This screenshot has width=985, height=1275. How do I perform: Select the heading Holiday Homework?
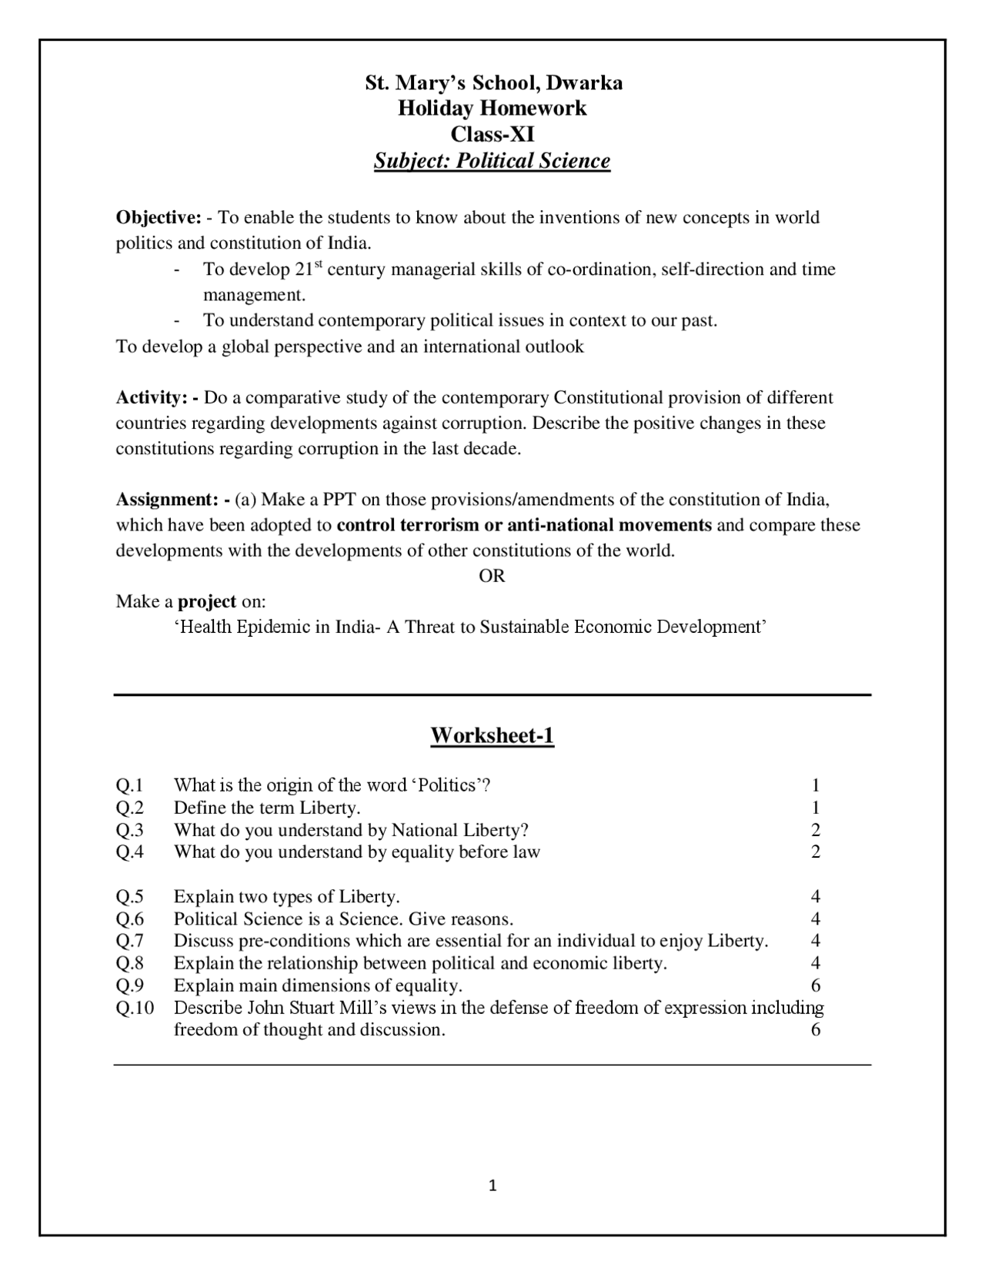[x=492, y=108]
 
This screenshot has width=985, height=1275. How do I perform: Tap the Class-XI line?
[x=492, y=134]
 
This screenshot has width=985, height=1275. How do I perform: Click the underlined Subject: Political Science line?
[x=492, y=161]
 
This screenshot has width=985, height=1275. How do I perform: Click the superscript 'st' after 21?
[x=319, y=265]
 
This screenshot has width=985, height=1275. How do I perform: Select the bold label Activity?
[x=157, y=398]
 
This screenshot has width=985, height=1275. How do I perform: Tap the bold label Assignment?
[x=172, y=500]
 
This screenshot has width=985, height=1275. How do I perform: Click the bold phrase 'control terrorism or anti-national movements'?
[x=524, y=525]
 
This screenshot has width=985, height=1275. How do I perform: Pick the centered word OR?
[x=492, y=576]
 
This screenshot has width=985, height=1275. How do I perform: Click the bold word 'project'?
[x=207, y=601]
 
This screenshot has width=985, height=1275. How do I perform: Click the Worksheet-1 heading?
[x=492, y=735]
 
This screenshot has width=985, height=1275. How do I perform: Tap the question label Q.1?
[x=130, y=785]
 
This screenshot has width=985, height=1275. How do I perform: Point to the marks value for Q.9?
[x=816, y=986]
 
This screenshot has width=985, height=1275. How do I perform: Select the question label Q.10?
[x=135, y=1008]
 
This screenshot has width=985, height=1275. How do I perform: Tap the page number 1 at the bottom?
[x=492, y=1186]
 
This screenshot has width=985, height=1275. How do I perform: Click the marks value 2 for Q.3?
[x=816, y=830]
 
